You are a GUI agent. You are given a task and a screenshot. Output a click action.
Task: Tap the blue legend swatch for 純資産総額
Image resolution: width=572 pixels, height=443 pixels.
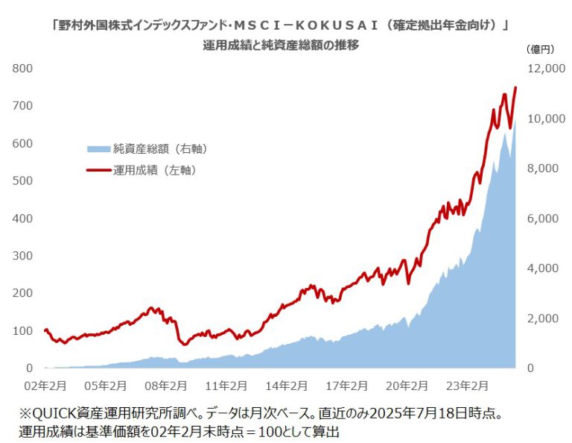(x=98, y=149)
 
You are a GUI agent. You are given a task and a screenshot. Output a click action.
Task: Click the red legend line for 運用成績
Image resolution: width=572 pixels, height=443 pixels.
(x=98, y=171)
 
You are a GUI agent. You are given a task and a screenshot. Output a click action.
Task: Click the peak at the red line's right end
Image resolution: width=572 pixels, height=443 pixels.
(x=515, y=88)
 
